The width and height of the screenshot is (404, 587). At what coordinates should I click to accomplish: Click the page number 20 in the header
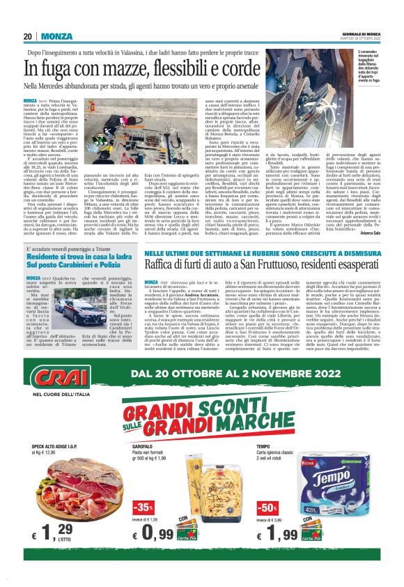point(28,36)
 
